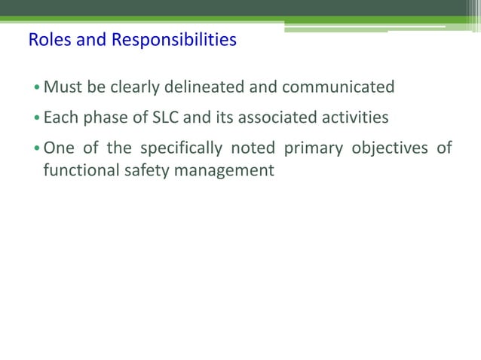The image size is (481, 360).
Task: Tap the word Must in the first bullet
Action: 63,87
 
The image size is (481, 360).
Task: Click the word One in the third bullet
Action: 58,148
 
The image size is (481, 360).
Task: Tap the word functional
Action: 78,171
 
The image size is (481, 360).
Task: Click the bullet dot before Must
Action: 37,88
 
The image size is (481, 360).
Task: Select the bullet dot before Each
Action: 37,119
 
